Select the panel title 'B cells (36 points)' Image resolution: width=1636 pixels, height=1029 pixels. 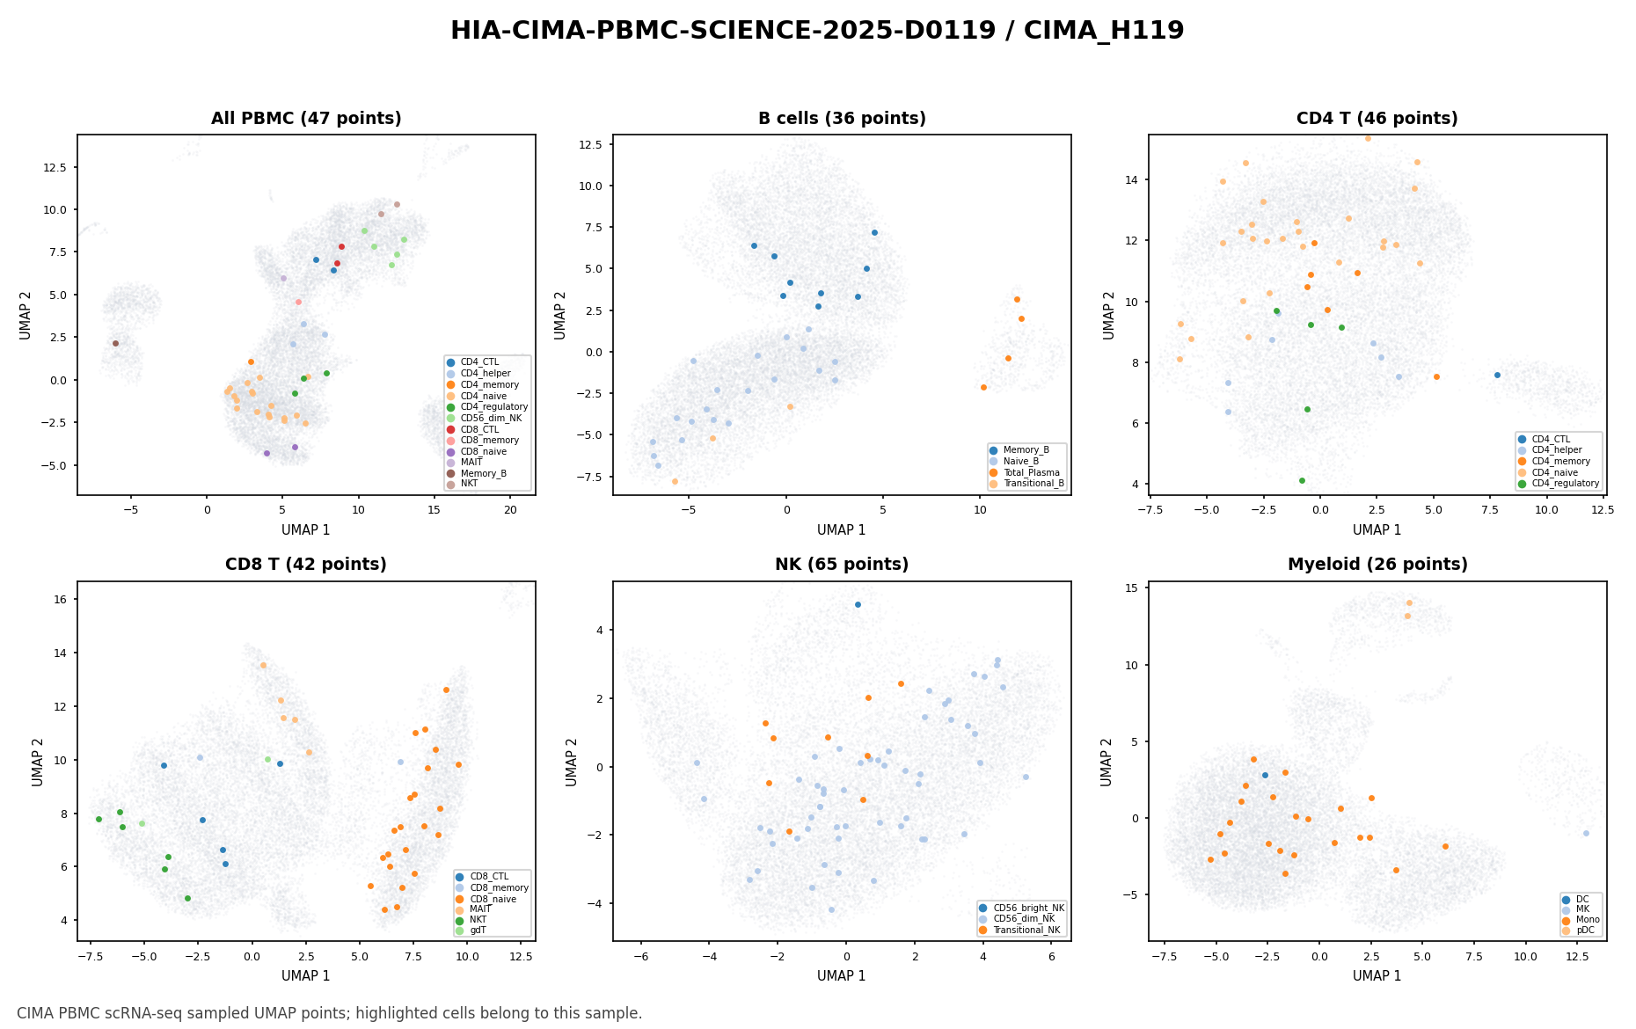[842, 119]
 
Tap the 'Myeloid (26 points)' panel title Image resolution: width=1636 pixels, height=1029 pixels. [1377, 565]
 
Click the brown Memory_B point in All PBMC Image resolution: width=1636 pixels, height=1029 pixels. [115, 343]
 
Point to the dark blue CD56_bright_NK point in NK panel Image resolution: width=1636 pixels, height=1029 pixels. [858, 604]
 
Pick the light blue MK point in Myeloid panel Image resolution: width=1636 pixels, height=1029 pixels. [1586, 833]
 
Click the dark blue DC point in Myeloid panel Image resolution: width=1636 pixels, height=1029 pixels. [1265, 775]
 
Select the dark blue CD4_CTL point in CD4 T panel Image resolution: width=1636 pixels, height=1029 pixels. [1497, 375]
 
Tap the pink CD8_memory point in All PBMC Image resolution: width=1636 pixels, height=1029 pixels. [298, 302]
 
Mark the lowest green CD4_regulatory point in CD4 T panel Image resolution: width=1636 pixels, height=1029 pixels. [1302, 480]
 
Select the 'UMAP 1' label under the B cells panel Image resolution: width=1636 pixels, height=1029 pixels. [842, 530]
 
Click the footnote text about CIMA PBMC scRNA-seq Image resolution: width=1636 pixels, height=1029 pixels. [329, 1013]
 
